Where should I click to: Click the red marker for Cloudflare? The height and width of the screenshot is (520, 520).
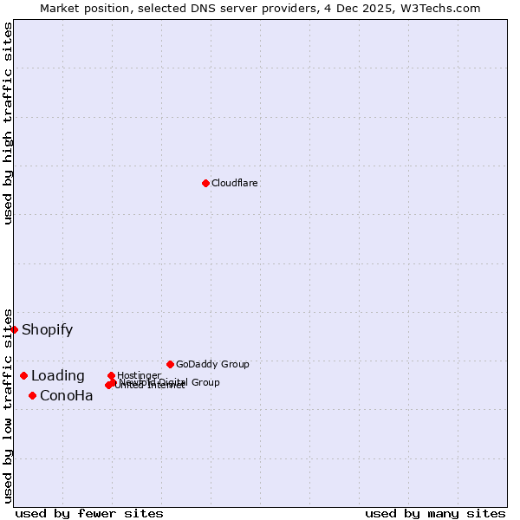point(205,183)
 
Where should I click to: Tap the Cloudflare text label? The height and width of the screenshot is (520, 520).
point(234,183)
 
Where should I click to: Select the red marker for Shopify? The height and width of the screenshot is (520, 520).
point(14,329)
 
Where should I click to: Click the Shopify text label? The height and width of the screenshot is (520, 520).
point(47,330)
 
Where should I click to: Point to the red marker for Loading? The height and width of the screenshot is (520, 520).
point(23,375)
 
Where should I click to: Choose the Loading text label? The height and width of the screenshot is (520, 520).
point(57,376)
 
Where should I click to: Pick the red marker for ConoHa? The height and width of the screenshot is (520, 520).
point(32,395)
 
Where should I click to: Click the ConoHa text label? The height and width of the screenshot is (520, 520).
point(66,396)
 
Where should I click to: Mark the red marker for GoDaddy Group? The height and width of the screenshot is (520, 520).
point(170,364)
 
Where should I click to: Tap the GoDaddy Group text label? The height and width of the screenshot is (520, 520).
point(212,364)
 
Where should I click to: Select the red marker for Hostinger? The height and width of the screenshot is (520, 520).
point(111,375)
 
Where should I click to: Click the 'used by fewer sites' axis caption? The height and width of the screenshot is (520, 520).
point(89,513)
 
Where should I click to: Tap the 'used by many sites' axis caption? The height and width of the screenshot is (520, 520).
point(435,513)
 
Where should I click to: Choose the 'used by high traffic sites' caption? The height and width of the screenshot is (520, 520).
point(9,123)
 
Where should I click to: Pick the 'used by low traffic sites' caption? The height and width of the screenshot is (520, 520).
point(9,405)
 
